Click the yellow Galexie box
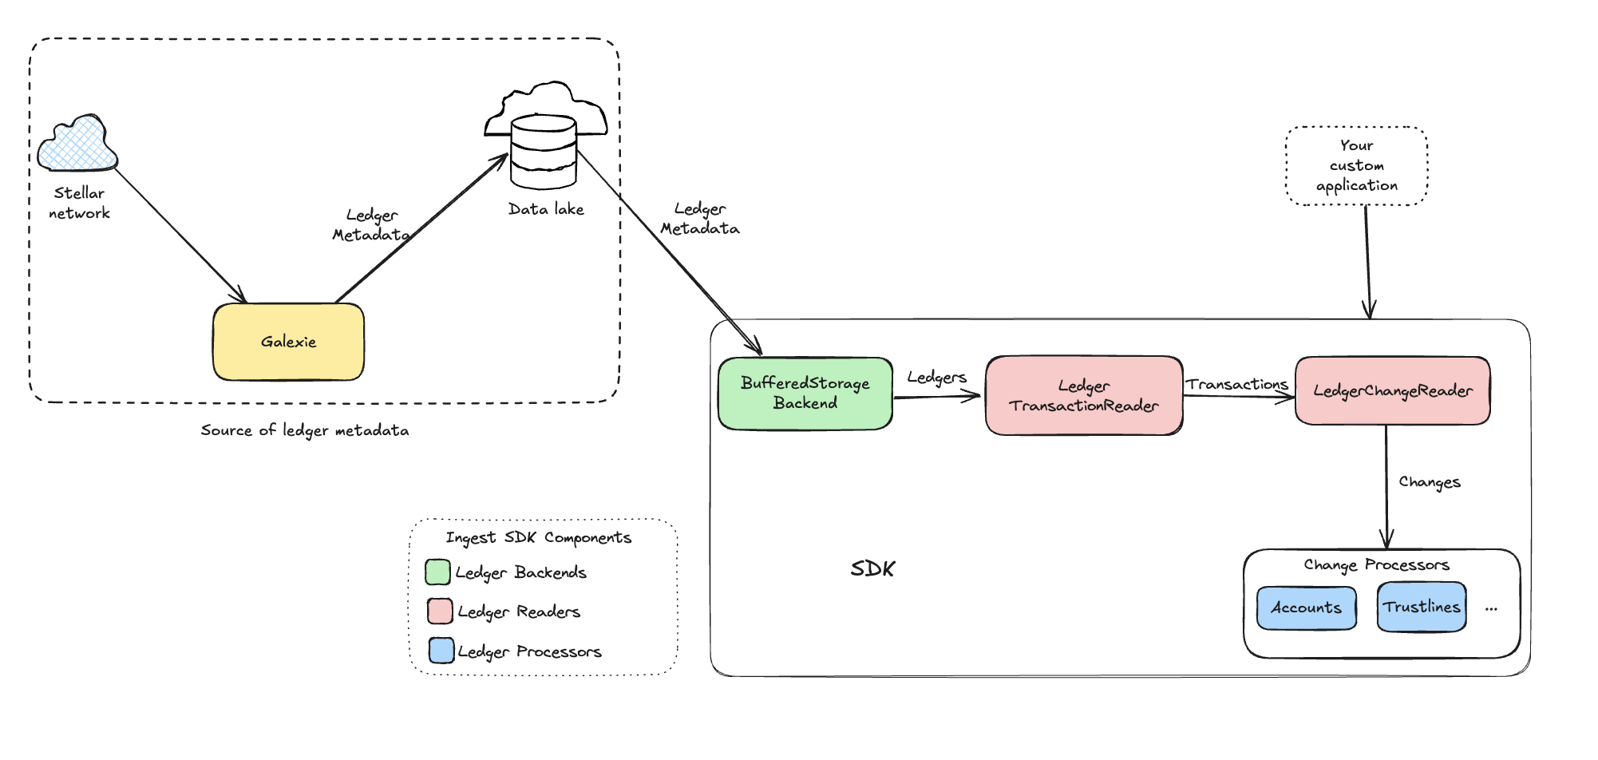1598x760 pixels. pos(288,342)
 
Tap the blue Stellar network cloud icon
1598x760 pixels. pos(77,144)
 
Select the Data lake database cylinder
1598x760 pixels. pos(544,151)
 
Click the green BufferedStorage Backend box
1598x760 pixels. pos(805,393)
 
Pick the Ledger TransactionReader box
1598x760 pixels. pos(1083,395)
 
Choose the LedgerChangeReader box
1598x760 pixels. pos(1392,390)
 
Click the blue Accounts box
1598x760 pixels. pos(1306,608)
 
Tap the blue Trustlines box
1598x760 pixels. pos(1421,607)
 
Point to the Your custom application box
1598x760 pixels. pos(1356,165)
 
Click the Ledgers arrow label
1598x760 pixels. pos(936,377)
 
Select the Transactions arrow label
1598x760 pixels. pos(1236,384)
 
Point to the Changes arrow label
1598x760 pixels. pos(1429,482)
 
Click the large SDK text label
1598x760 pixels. pos(872,568)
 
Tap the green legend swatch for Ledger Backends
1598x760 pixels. pos(437,572)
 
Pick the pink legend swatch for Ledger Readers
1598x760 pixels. pos(440,611)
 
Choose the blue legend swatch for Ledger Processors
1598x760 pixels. pos(441,650)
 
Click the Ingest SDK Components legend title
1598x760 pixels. pos(538,537)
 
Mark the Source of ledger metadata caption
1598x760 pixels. pos(304,430)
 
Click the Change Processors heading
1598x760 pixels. pos(1376,564)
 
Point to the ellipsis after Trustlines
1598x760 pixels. pos(1491,609)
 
